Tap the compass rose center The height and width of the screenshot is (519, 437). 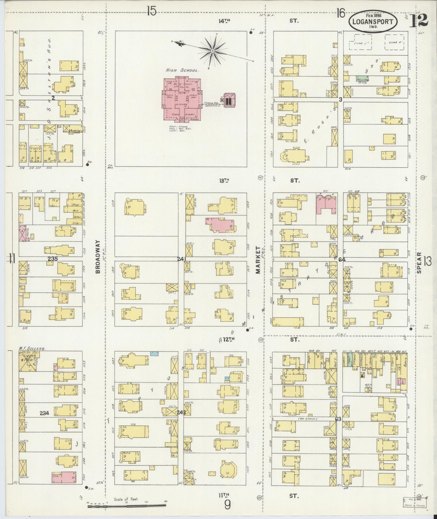[x=213, y=51]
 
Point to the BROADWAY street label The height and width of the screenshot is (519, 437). [x=98, y=256]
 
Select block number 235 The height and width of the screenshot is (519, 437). [x=53, y=259]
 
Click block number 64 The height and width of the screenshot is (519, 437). [x=342, y=259]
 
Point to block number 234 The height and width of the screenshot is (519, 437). [x=44, y=413]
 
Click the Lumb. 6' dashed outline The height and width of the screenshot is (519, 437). [x=396, y=42]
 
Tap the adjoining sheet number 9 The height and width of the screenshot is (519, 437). [x=227, y=505]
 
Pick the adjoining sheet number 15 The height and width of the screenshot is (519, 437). [x=152, y=12]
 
